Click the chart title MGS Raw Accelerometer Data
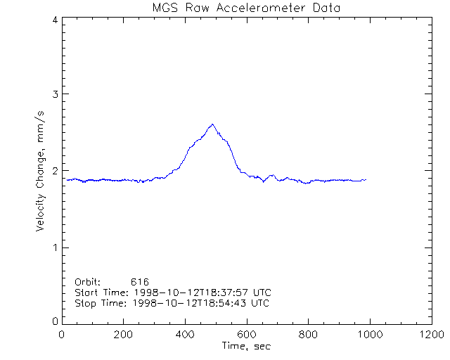click(x=246, y=8)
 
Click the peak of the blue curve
click(x=212, y=124)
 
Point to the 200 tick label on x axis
click(x=123, y=335)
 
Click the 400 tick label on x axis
click(x=185, y=335)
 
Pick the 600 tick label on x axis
click(x=246, y=335)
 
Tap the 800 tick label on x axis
click(x=308, y=335)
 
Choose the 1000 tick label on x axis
click(x=369, y=335)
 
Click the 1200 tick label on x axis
click(x=430, y=335)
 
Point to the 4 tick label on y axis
click(x=55, y=20)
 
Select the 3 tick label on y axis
click(x=55, y=94)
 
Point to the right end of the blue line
click(x=366, y=180)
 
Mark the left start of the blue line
click(x=67, y=179)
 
